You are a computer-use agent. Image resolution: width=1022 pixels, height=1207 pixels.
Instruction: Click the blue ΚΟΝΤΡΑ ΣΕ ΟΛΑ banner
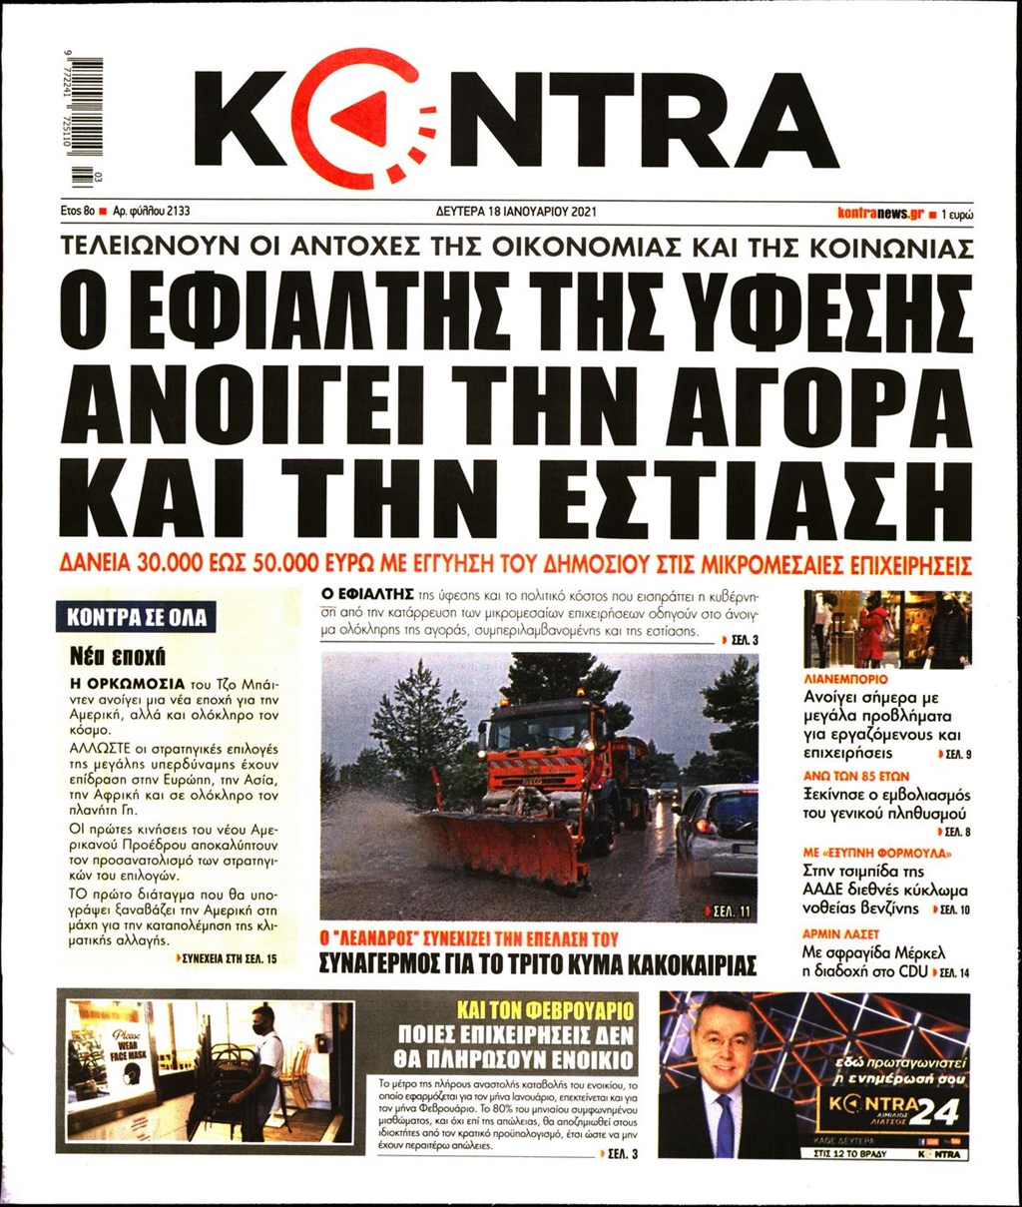point(136,617)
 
